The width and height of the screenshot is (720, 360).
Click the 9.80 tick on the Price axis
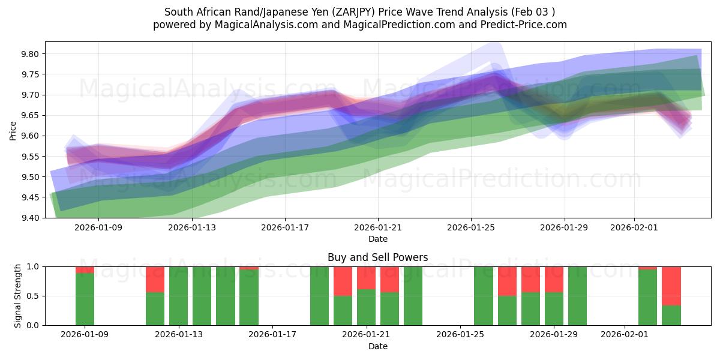coord(30,54)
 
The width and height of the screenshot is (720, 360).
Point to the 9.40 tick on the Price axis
coord(30,218)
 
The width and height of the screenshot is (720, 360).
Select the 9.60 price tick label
coord(30,136)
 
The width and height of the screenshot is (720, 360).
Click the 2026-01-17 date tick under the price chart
coord(284,227)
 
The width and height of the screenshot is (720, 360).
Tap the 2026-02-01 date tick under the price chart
coord(634,227)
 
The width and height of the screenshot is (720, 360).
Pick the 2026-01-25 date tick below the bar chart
coord(460,335)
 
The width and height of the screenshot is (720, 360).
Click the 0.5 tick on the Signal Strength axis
coord(34,296)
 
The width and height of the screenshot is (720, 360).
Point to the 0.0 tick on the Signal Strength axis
coord(34,325)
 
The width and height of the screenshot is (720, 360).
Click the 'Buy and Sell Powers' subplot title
coord(377,257)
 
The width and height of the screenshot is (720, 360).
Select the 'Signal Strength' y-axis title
coord(18,296)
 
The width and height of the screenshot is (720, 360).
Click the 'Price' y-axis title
coord(13,130)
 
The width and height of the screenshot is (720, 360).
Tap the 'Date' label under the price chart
coord(377,239)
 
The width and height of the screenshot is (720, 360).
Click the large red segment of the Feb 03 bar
coord(671,286)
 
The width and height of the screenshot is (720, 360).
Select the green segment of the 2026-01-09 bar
coord(85,299)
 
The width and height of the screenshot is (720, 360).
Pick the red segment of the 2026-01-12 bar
coord(155,279)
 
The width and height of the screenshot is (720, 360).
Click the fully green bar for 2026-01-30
coord(577,296)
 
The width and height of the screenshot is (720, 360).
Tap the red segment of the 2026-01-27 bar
coord(507,281)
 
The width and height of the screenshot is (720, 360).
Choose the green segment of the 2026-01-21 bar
coord(366,307)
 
